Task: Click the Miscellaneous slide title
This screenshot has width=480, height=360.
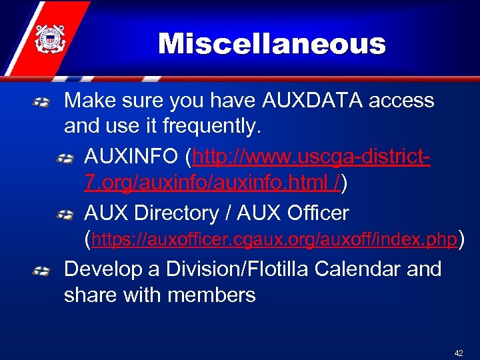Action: [272, 45]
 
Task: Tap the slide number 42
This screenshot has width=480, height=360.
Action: [458, 353]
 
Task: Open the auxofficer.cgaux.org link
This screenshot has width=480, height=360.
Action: [275, 239]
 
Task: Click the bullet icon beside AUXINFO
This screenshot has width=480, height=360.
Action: [65, 159]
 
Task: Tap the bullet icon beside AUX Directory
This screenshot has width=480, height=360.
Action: [65, 214]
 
